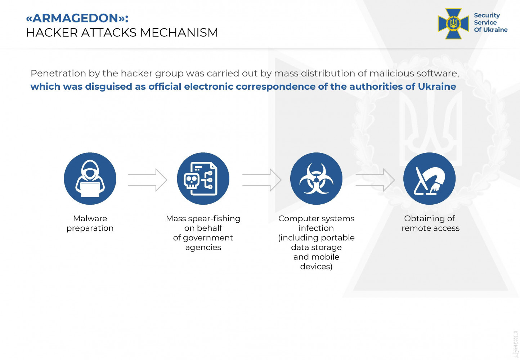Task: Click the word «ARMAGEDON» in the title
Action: (76, 18)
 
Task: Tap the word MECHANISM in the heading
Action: (179, 32)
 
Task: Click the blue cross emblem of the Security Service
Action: (453, 23)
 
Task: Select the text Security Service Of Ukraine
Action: (490, 23)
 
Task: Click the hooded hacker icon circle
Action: (90, 179)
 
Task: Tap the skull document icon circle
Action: (203, 179)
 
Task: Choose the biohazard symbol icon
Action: (316, 179)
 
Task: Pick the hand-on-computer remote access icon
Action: (430, 179)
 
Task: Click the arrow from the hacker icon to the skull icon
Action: (147, 180)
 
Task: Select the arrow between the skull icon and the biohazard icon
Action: (262, 180)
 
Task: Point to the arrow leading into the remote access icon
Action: (375, 180)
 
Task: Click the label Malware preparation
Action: (90, 223)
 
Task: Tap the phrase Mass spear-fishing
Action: (203, 218)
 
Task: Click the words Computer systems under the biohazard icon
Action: (317, 218)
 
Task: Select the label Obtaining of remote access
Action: (430, 223)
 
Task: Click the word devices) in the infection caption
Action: (316, 266)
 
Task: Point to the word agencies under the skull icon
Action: (203, 247)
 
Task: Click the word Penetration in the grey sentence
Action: (58, 74)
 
